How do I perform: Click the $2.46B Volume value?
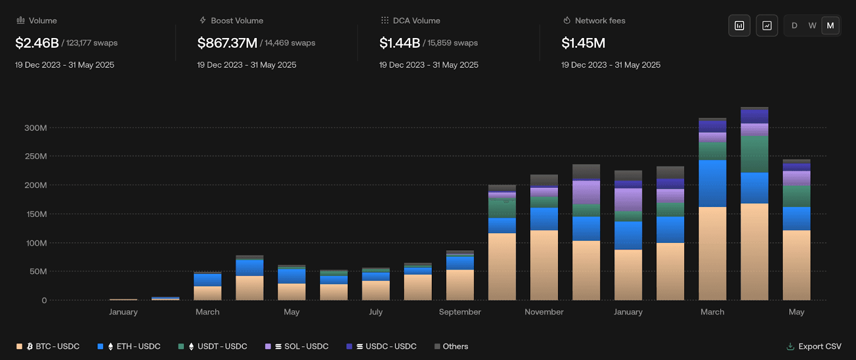(37, 43)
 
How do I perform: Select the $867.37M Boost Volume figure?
(227, 43)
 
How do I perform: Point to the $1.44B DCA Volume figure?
(400, 43)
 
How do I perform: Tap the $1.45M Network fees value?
(583, 43)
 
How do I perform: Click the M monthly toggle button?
(830, 26)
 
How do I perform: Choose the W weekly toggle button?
(812, 26)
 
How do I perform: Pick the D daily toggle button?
(794, 26)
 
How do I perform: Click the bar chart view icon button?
(739, 26)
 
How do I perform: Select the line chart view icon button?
(767, 26)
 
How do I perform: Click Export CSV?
(814, 347)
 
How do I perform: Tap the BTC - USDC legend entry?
(52, 347)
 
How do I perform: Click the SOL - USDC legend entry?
(301, 347)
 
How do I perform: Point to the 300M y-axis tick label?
(36, 128)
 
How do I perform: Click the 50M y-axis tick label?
(37, 271)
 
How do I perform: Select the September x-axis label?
(460, 312)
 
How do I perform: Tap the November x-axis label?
(544, 312)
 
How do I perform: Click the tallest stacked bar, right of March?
(754, 203)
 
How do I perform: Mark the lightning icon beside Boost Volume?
(203, 20)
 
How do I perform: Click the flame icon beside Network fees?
(567, 20)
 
